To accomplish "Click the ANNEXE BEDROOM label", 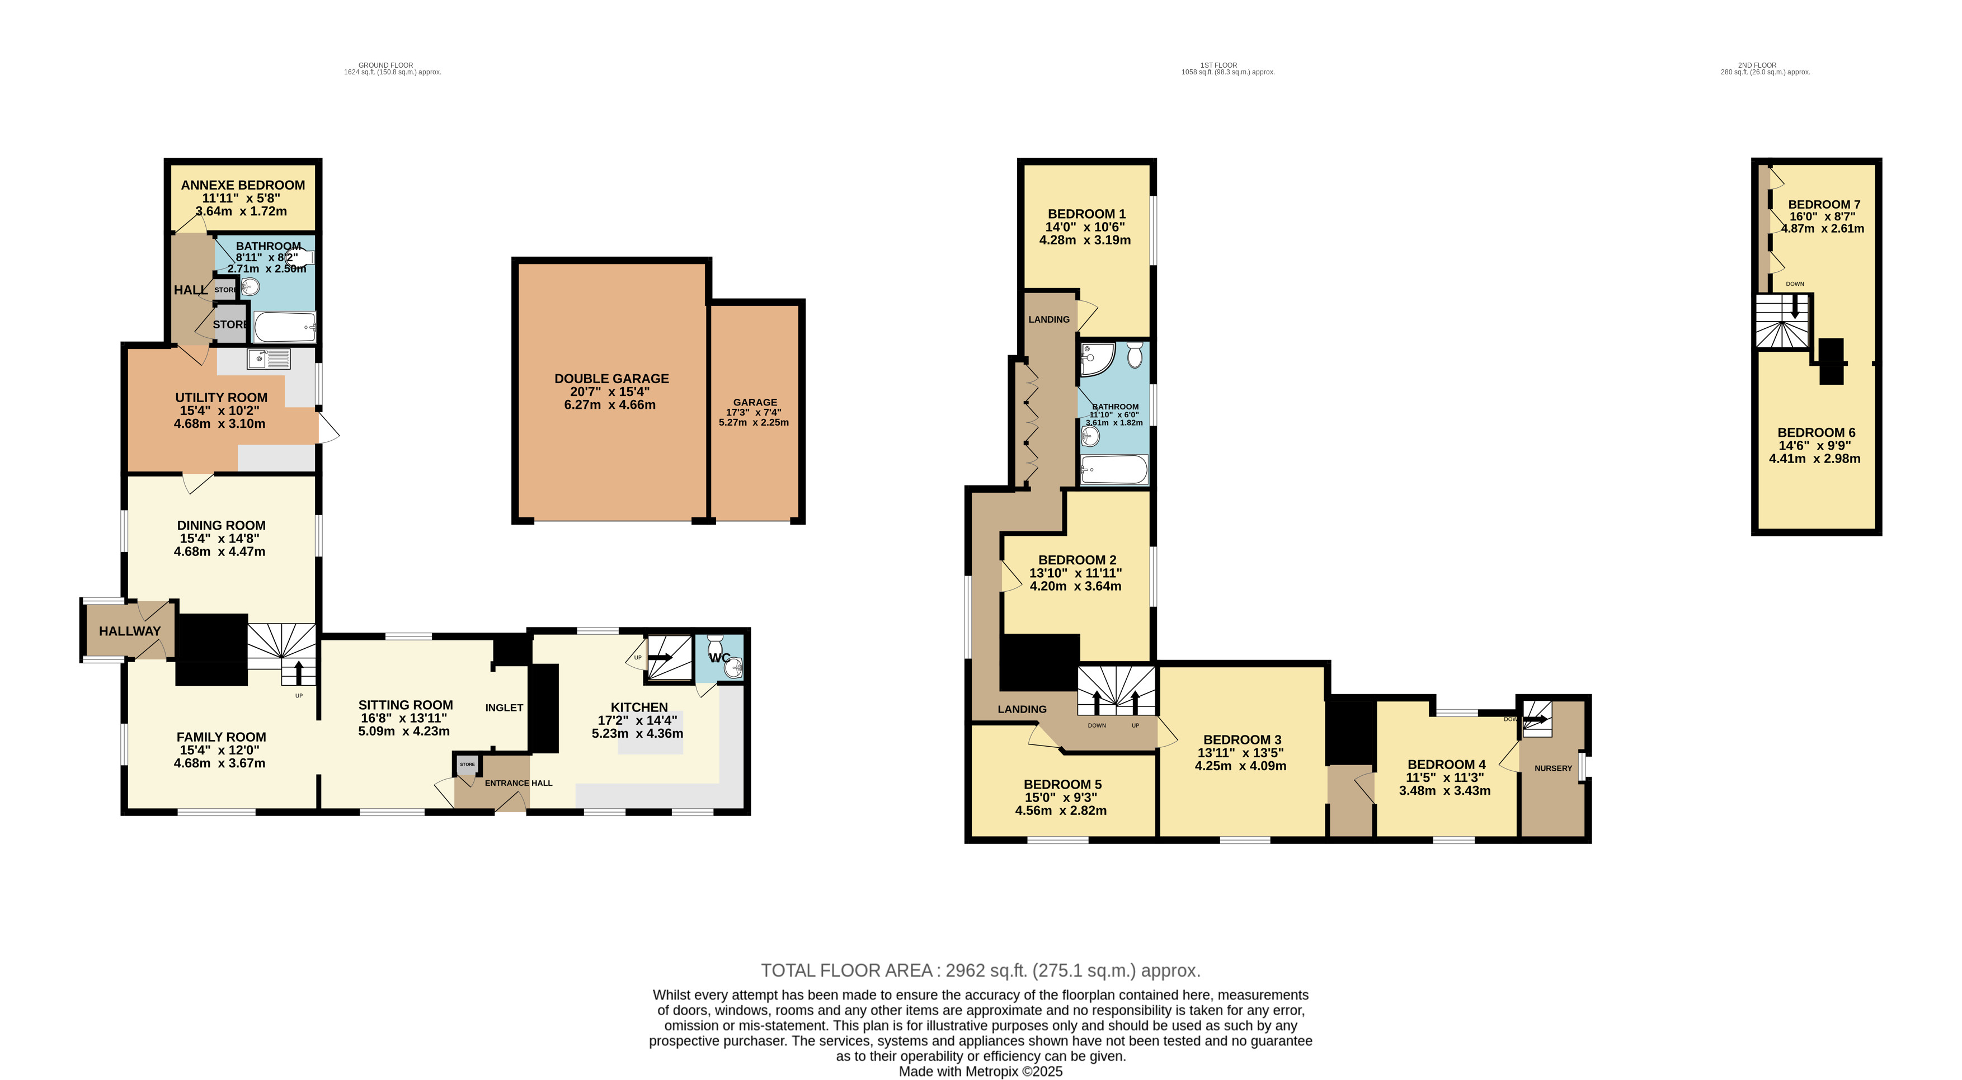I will pos(243,185).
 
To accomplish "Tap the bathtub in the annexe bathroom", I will pos(283,328).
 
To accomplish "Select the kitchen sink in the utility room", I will pos(268,358).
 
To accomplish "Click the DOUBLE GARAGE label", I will pos(611,379).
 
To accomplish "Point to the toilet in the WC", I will pos(714,644).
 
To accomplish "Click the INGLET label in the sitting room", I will pos(504,708).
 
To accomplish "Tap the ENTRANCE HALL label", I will pos(518,783).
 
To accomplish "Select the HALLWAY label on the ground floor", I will pos(129,631).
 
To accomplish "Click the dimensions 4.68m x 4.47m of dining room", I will pos(219,551).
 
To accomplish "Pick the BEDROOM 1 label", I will pos(1086,214).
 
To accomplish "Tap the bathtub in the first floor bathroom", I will pos(1115,469).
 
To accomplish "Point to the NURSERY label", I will pos(1553,768).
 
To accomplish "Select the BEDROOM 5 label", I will pos(1062,785).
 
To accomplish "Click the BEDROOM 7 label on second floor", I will pos(1823,204).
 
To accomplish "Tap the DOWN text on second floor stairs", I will pos(1794,284).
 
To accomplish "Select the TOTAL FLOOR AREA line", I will pos(980,970).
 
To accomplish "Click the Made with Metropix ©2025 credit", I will pos(980,1072).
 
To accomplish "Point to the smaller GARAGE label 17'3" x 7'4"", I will pos(755,402).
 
